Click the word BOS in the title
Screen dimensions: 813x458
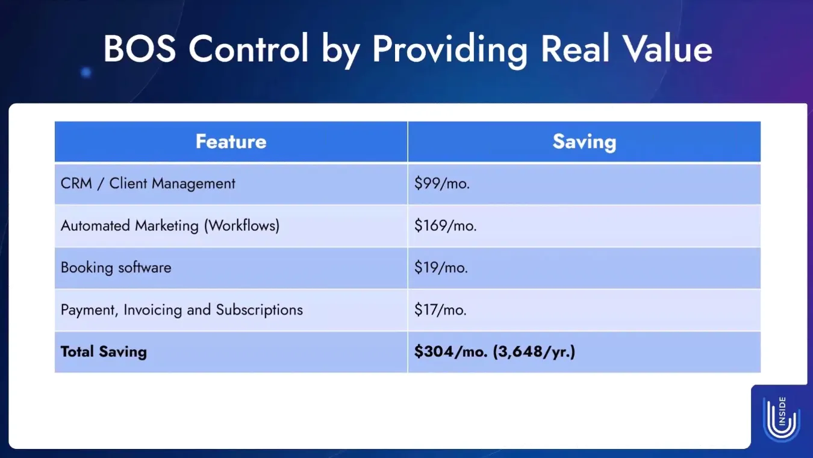click(x=140, y=49)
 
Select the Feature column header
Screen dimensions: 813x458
click(x=231, y=142)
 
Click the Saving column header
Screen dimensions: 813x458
click(x=584, y=142)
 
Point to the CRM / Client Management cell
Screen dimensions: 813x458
click(x=148, y=183)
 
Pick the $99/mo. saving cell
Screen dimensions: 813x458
click(x=441, y=183)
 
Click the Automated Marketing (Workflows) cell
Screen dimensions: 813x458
click(x=170, y=225)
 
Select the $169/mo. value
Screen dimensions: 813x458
click(x=445, y=225)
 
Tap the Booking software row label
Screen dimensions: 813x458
click(x=116, y=268)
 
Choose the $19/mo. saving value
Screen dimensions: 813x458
click(x=441, y=268)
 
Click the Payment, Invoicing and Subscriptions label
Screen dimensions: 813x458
click(x=181, y=310)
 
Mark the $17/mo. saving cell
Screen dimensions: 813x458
click(x=440, y=310)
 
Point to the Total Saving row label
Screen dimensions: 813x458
click(x=104, y=351)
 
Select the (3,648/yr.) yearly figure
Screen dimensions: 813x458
click(x=534, y=351)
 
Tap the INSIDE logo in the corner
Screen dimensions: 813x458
click(x=782, y=419)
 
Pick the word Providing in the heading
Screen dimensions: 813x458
click(x=450, y=51)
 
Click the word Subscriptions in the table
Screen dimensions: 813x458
click(x=259, y=310)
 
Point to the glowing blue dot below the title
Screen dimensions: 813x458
click(x=86, y=72)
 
